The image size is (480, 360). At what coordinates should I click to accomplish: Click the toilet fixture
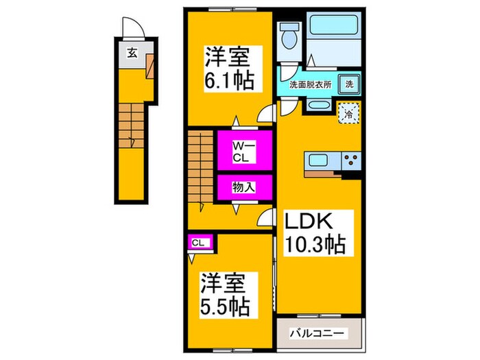(288, 36)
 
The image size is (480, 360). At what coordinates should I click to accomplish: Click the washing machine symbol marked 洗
(350, 85)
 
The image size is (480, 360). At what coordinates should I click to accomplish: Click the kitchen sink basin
(320, 162)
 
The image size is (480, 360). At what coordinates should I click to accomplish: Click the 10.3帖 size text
(315, 243)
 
